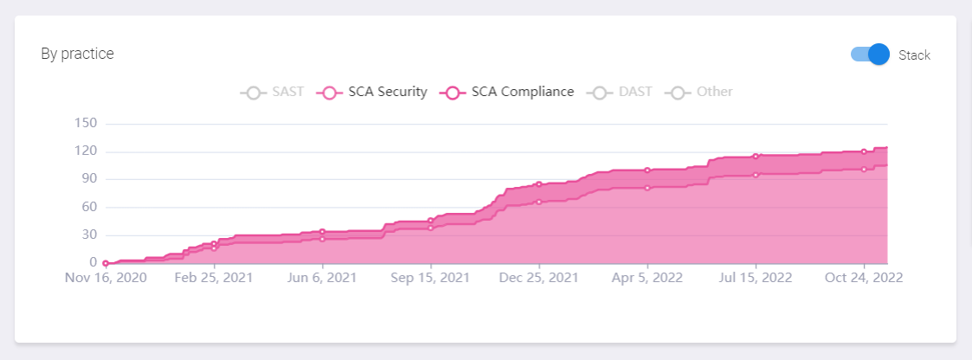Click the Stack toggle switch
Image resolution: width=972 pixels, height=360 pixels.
click(871, 55)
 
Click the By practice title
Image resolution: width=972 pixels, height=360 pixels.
click(77, 54)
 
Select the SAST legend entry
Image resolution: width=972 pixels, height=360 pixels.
click(273, 92)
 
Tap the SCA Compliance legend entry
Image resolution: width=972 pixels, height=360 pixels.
click(507, 92)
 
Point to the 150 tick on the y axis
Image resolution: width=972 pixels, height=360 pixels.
click(87, 124)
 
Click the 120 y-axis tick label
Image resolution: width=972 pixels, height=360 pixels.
click(87, 151)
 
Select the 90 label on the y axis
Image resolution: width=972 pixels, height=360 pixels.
click(90, 179)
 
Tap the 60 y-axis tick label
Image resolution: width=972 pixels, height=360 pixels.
click(90, 207)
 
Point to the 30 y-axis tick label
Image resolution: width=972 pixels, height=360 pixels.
click(90, 235)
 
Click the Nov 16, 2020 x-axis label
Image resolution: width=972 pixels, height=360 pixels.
click(106, 278)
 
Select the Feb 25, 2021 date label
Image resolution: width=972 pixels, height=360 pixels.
click(214, 278)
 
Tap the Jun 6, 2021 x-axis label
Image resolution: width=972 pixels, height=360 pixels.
click(322, 278)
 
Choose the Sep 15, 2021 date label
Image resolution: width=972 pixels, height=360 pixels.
click(430, 278)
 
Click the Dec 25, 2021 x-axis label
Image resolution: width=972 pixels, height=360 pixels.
click(538, 278)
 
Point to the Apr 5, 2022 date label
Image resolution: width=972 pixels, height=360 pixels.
click(647, 278)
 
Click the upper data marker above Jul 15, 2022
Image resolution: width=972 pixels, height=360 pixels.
click(756, 157)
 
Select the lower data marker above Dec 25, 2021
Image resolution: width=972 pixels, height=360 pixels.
click(538, 202)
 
